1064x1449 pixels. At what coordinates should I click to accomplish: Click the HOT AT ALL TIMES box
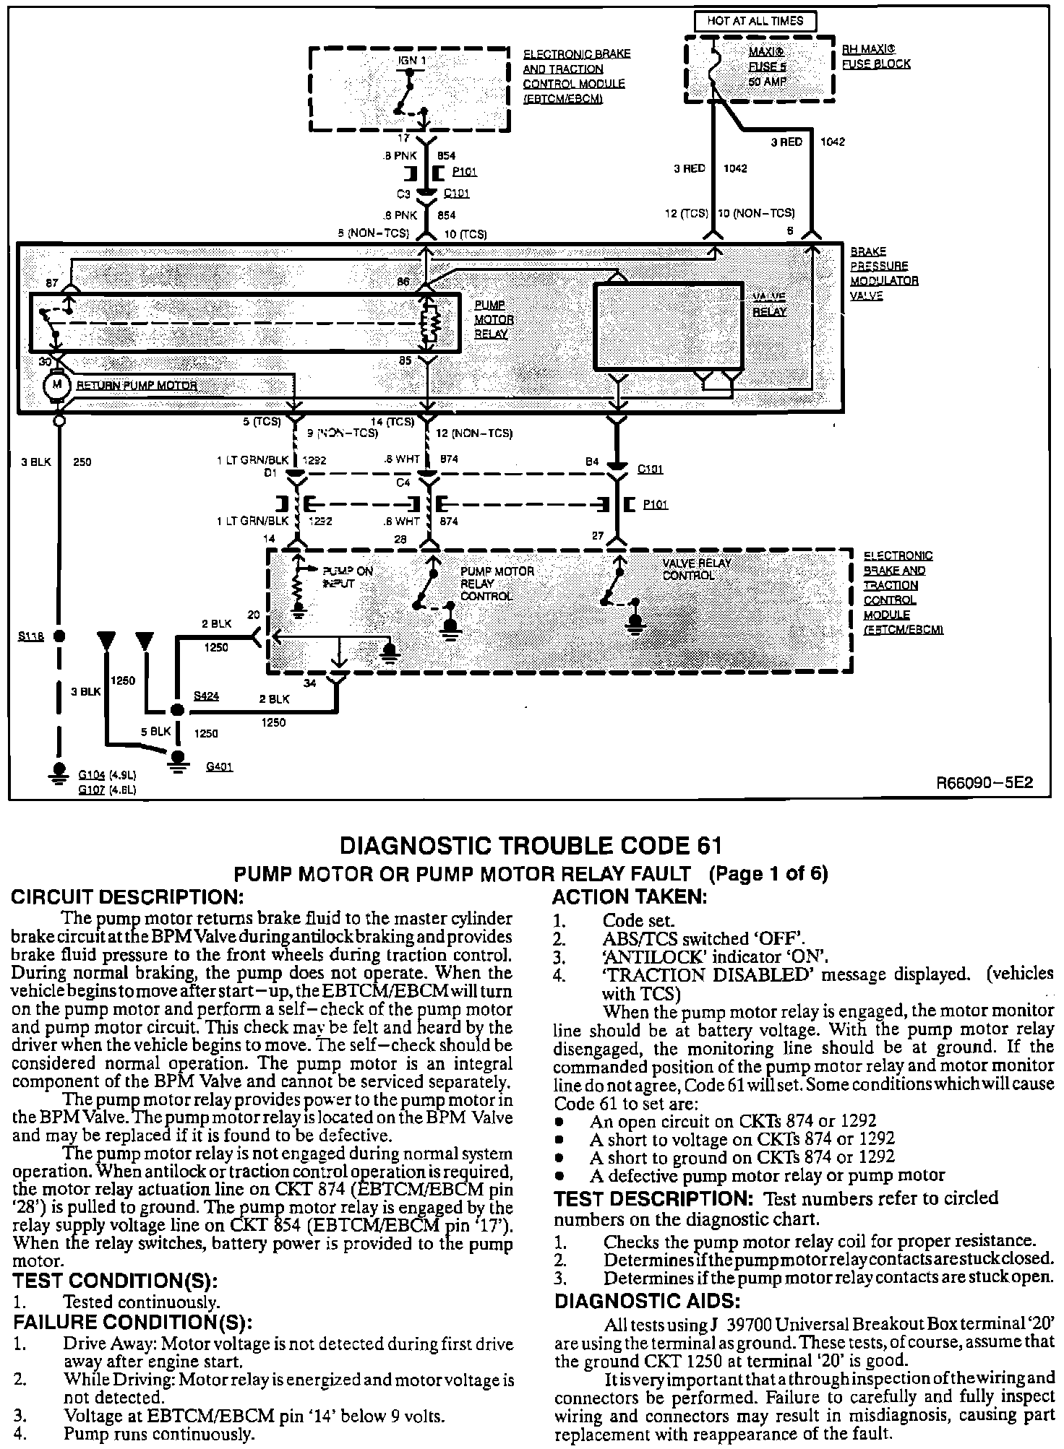pyautogui.click(x=755, y=21)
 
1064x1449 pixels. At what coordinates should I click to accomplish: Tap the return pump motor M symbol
pyautogui.click(x=56, y=384)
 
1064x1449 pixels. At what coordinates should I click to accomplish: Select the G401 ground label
pyautogui.click(x=219, y=766)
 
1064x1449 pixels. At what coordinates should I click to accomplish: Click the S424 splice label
pyautogui.click(x=206, y=696)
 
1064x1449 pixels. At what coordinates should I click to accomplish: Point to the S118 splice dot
pyautogui.click(x=60, y=636)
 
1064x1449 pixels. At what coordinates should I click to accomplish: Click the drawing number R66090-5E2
pyautogui.click(x=984, y=783)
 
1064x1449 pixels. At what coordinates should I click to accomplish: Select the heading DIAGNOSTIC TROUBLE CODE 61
pyautogui.click(x=531, y=846)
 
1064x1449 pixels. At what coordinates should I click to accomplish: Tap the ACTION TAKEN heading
pyautogui.click(x=629, y=898)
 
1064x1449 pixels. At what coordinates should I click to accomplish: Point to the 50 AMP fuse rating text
pyautogui.click(x=767, y=82)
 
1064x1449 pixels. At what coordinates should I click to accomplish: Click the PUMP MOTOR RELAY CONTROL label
pyautogui.click(x=497, y=584)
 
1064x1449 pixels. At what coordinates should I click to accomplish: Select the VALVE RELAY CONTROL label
pyautogui.click(x=697, y=569)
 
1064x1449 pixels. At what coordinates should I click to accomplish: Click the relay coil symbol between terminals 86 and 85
pyautogui.click(x=431, y=324)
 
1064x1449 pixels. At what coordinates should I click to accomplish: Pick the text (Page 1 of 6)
pyautogui.click(x=768, y=874)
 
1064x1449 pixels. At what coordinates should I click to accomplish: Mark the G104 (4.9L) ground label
pyautogui.click(x=107, y=776)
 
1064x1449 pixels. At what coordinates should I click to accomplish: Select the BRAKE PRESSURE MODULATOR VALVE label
pyautogui.click(x=883, y=274)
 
